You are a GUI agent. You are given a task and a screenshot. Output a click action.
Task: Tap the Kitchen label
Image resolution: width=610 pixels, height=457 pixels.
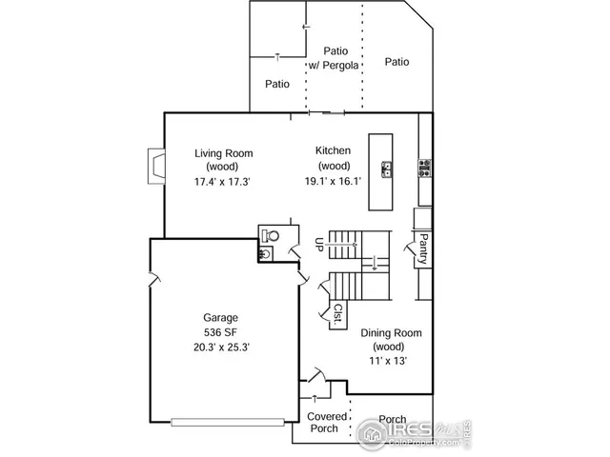(334, 151)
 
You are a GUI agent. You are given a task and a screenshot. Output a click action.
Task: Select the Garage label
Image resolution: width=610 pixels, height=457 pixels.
(220, 318)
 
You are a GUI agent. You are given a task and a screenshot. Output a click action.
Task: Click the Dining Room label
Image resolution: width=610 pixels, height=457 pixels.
(391, 333)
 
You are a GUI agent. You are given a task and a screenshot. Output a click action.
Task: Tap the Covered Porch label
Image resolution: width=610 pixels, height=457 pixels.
(326, 422)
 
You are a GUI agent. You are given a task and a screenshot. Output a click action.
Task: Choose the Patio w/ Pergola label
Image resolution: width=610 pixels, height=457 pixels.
(335, 58)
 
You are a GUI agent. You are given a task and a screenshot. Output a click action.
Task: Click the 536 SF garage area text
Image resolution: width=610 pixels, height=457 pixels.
(220, 332)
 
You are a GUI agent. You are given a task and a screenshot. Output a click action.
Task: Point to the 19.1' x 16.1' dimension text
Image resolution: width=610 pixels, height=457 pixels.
(334, 181)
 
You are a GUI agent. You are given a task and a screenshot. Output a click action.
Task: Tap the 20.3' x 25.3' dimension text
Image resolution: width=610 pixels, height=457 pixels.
(220, 347)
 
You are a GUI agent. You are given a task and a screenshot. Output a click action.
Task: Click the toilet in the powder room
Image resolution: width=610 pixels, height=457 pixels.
(273, 235)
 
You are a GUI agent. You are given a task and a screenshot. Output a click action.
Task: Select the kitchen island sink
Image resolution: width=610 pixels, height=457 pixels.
(387, 169)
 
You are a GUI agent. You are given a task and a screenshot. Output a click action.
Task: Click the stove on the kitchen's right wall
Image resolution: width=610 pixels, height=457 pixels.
(423, 169)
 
